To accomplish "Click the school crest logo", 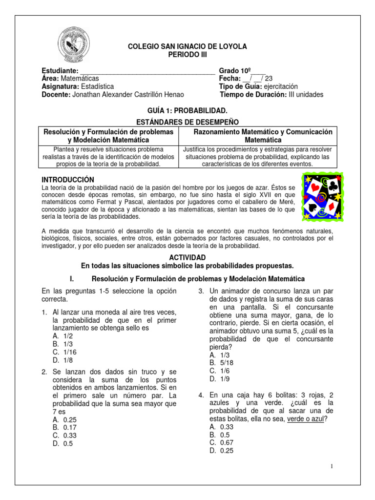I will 74,46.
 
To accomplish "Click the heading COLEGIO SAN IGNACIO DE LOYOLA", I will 187,46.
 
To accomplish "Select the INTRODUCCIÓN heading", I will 67,180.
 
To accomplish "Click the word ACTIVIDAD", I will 187,257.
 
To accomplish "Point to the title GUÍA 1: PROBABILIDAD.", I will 187,111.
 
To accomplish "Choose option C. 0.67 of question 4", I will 221,442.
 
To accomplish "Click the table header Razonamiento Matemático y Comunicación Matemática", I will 263,136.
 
